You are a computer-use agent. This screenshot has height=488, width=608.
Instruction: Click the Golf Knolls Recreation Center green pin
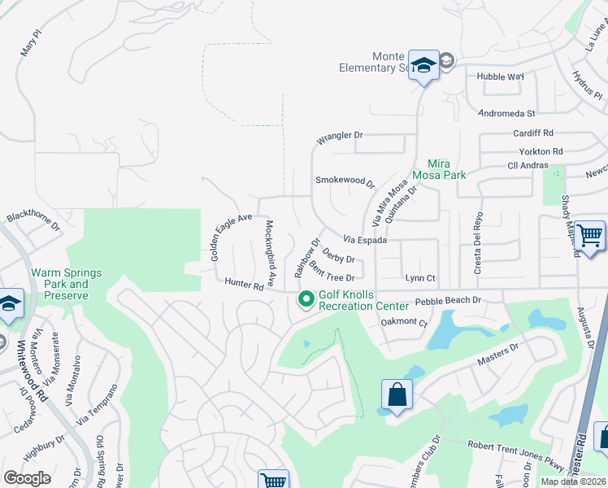306,299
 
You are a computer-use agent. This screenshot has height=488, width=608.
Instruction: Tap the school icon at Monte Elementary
423,65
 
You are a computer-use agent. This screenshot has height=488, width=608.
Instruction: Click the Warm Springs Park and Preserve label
59,284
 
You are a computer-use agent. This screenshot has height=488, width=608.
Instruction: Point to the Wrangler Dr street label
339,137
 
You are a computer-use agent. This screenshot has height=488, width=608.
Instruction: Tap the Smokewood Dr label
345,181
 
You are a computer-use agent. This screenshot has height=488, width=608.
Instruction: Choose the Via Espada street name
364,241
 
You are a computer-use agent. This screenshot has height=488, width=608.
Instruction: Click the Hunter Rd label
245,285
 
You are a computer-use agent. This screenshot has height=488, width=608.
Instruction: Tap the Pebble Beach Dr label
449,301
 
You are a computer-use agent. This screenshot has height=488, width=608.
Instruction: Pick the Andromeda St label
507,113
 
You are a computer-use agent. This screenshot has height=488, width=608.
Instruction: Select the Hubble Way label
500,77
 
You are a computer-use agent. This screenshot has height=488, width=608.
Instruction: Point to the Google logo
27,478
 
